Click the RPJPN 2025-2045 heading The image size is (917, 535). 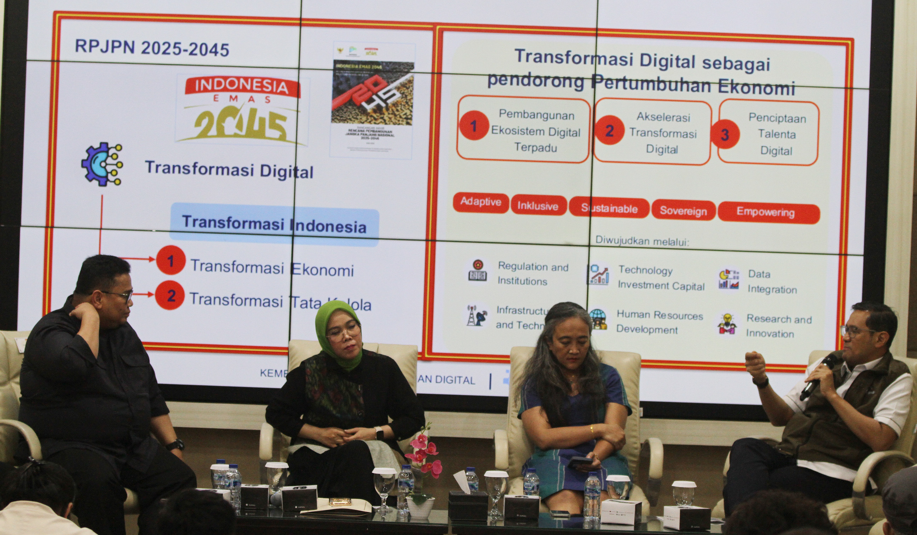click(x=152, y=48)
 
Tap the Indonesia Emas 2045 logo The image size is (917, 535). click(x=241, y=111)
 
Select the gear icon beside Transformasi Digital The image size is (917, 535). click(x=102, y=165)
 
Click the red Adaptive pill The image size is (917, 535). click(x=480, y=202)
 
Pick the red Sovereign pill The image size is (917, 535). click(x=683, y=211)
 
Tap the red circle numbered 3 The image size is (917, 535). click(x=725, y=134)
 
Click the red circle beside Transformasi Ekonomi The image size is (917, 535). click(x=171, y=260)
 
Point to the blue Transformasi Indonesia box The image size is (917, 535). click(x=274, y=224)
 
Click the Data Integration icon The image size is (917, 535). click(x=728, y=280)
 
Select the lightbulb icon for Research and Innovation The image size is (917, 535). click(x=727, y=324)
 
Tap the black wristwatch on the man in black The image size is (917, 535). click(x=175, y=445)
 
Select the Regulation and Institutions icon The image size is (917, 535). click(x=477, y=271)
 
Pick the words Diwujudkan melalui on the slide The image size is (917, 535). click(x=642, y=241)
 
